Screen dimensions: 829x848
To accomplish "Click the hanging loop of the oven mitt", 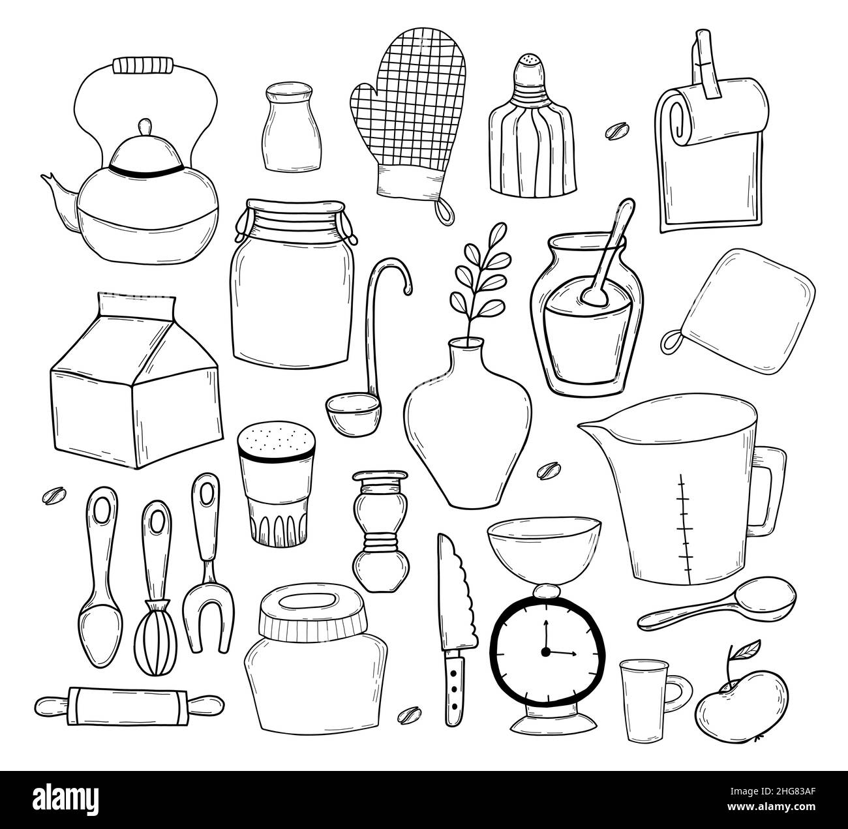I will point(444,209).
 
